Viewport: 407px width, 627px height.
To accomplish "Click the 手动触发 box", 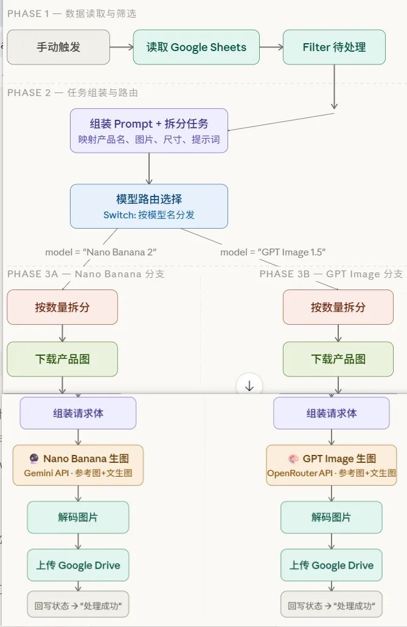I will click(58, 47).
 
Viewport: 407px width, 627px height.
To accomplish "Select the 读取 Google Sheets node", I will click(196, 47).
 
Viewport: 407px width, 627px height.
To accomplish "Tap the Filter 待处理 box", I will click(334, 47).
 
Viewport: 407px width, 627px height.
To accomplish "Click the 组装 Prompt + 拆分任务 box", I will click(149, 130).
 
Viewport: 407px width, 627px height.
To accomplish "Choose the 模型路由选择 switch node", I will click(149, 206).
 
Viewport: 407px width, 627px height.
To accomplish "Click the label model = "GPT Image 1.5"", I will click(273, 252).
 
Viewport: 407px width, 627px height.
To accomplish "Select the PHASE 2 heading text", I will click(72, 92).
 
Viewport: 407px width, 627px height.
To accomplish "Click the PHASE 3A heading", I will click(86, 274).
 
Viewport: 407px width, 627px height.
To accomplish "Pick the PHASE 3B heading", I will click(331, 274).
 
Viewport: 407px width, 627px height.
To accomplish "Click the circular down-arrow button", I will click(249, 386).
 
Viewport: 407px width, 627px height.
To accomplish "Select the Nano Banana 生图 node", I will click(78, 465).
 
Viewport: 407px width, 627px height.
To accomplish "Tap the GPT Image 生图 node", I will click(332, 465).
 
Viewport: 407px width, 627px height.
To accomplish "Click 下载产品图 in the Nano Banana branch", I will click(62, 359).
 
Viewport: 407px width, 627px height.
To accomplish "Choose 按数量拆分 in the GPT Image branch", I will click(338, 307).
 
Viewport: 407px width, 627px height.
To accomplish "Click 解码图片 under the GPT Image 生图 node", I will click(332, 518).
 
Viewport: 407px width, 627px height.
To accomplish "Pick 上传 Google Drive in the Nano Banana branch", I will click(78, 565).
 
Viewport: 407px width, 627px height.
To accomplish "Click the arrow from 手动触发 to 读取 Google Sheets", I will click(122, 47).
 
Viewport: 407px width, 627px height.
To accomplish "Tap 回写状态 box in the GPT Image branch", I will click(332, 606).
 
